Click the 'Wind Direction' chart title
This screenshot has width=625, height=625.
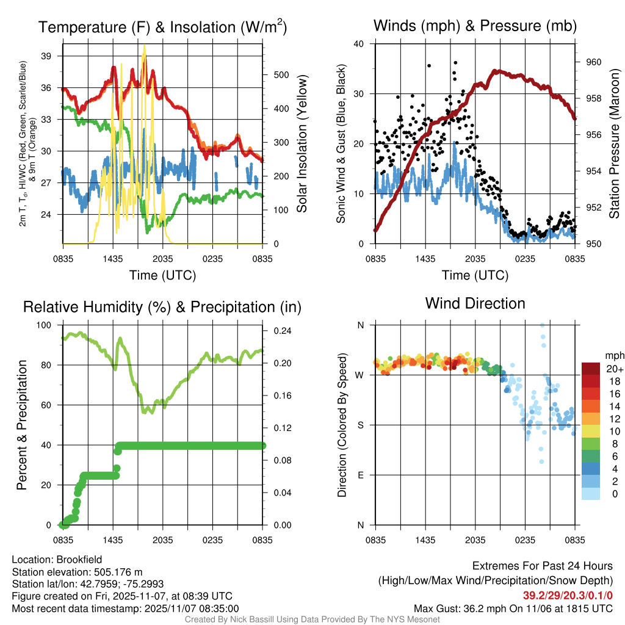pyautogui.click(x=475, y=303)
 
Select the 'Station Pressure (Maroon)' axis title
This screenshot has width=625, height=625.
pyautogui.click(x=615, y=143)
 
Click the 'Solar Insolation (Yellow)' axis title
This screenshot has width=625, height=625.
pyautogui.click(x=302, y=143)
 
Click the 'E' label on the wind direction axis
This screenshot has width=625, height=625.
pyautogui.click(x=360, y=475)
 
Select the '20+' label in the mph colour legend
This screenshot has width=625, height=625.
pyautogui.click(x=613, y=369)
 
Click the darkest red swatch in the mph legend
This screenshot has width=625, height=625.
pyautogui.click(x=591, y=369)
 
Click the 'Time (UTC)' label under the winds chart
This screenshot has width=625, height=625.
pyautogui.click(x=475, y=275)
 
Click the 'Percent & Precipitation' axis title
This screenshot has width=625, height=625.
pyautogui.click(x=21, y=425)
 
